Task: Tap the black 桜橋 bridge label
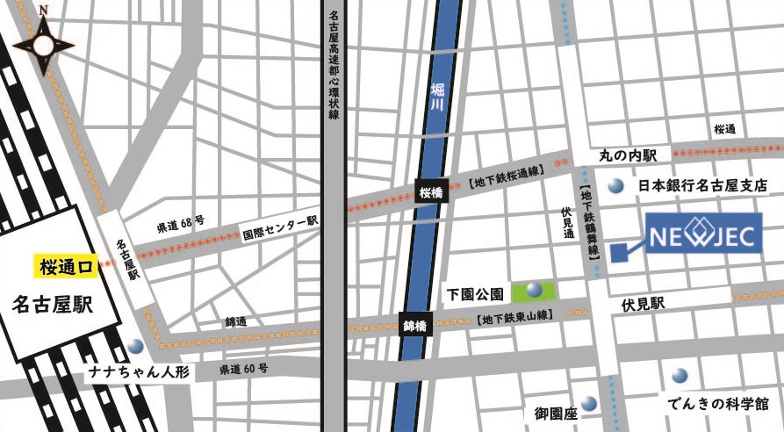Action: (432, 191)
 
